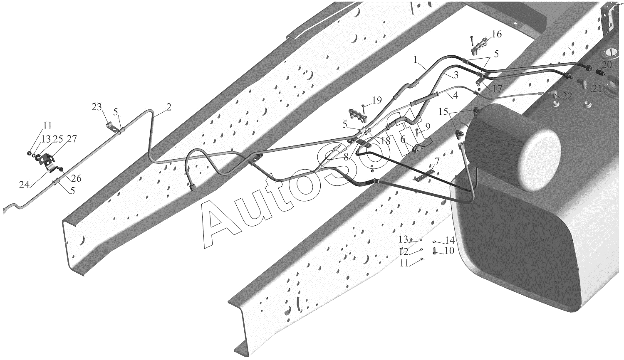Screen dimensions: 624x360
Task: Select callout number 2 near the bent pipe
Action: tap(168, 107)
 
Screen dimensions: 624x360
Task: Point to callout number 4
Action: tap(456, 95)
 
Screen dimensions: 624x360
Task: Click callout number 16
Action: tap(497, 34)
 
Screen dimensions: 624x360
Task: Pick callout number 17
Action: tap(497, 89)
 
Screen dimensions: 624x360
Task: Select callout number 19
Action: tap(377, 100)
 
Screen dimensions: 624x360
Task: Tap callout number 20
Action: tap(607, 64)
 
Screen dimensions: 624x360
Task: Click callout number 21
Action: tap(597, 88)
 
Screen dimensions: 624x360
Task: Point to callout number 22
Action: tap(567, 96)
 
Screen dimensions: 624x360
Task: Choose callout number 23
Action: tap(97, 107)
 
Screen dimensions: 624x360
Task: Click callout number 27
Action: tap(72, 138)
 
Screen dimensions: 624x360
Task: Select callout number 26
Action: tap(76, 179)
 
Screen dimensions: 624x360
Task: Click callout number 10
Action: tap(449, 251)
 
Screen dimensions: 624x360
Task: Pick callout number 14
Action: tap(450, 240)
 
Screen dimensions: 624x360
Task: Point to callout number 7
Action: tap(436, 160)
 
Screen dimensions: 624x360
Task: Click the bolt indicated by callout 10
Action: tap(435, 252)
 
